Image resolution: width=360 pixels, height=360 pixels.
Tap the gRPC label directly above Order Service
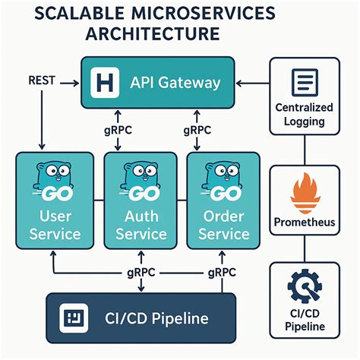click(x=197, y=130)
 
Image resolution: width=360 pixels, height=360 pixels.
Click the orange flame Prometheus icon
click(x=304, y=194)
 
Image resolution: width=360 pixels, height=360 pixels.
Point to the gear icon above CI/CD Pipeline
click(x=304, y=286)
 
